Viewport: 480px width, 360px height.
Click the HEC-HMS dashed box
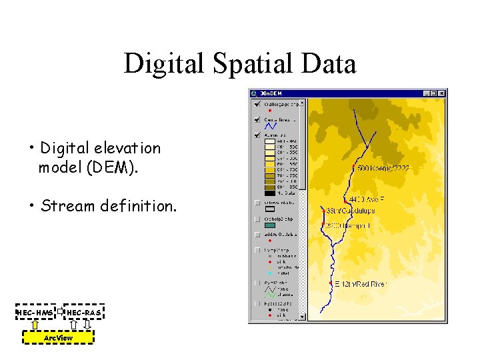[x=35, y=313]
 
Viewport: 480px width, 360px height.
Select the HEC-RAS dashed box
[x=84, y=313]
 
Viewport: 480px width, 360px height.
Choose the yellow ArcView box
[x=58, y=338]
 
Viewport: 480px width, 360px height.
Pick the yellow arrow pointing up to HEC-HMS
[x=34, y=325]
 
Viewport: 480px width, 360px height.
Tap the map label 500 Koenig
[x=383, y=169]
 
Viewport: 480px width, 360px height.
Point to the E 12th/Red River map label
[x=360, y=284]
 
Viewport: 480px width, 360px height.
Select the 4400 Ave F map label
[x=366, y=199]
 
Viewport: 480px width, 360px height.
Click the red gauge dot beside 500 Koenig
[x=353, y=167]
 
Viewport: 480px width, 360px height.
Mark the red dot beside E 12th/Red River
[x=331, y=283]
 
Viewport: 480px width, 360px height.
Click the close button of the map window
[x=441, y=93]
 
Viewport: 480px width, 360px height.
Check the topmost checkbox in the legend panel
[x=257, y=103]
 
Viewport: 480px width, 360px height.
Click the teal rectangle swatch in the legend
[x=270, y=227]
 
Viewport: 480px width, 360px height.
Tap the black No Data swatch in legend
[x=270, y=193]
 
